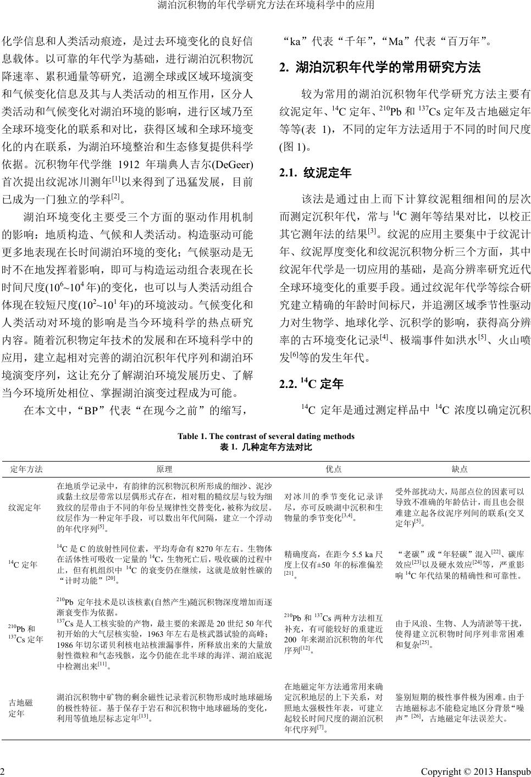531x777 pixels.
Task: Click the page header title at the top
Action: pos(265,6)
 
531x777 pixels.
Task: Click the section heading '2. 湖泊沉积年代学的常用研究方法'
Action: pos(380,68)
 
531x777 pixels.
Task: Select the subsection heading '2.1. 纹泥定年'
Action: pos(316,173)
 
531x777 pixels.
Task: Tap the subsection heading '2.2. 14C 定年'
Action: pos(312,384)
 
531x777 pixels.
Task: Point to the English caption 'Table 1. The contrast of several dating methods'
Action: pos(265,436)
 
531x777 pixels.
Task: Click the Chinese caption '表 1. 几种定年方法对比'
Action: pos(265,447)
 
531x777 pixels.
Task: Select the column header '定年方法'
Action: pos(26,469)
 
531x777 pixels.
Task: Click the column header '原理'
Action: pos(164,469)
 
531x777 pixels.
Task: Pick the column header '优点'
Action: pos(334,469)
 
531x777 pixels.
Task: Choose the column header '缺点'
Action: pos(460,469)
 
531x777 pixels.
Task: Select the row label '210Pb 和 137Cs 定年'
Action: pos(25,634)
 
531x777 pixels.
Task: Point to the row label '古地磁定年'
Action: pos(21,708)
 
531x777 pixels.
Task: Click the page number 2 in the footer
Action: pos(4,771)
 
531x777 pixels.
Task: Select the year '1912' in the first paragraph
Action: pos(136,164)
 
